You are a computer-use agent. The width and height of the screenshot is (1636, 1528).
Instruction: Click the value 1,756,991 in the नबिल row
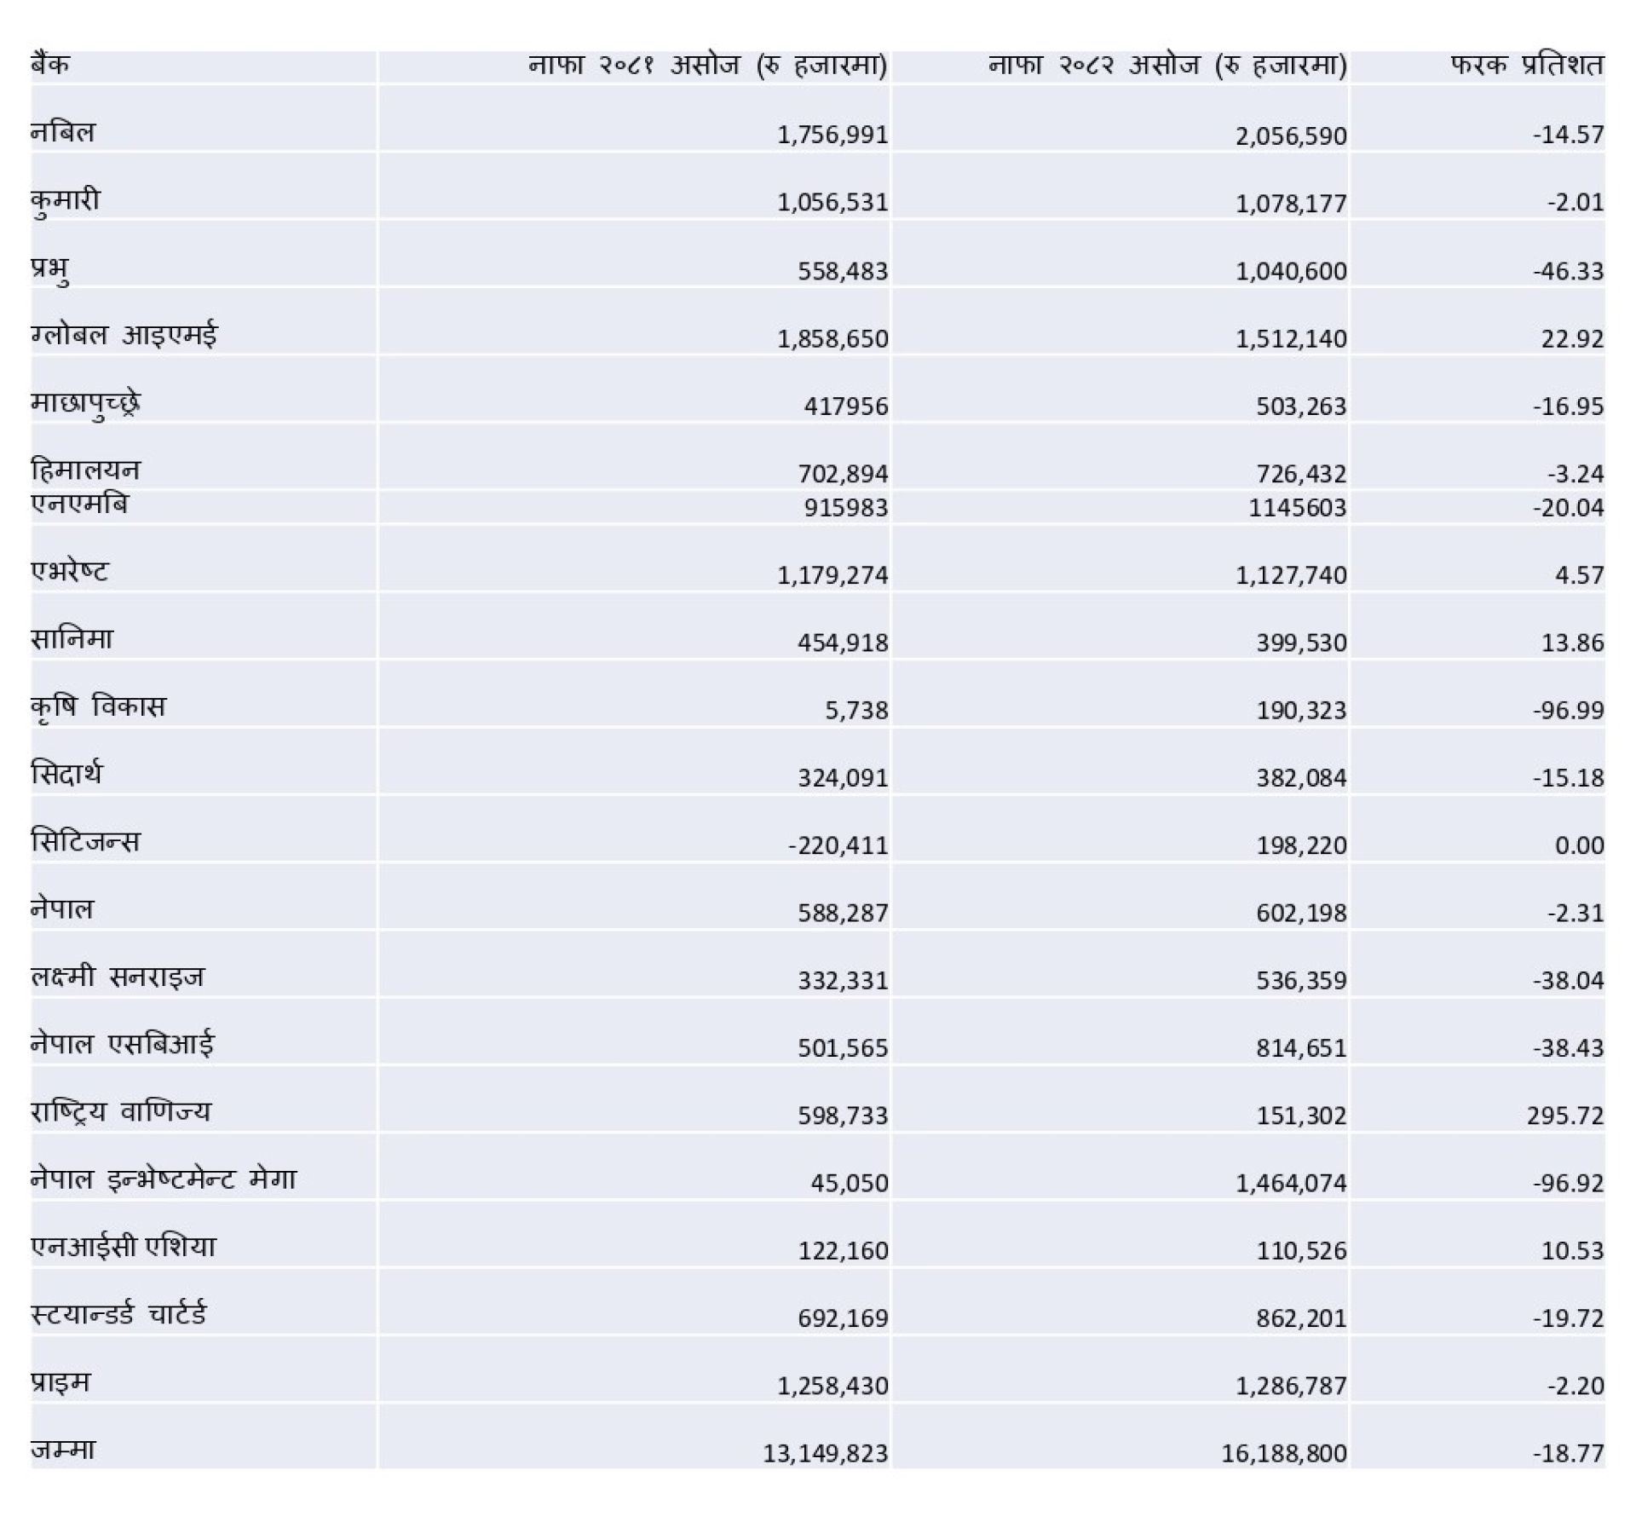coord(832,135)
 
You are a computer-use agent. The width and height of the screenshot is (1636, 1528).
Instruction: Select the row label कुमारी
coord(66,201)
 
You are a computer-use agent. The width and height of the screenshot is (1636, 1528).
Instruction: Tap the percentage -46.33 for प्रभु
coord(1568,271)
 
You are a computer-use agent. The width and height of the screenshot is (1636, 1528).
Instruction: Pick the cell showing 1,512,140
coord(1291,338)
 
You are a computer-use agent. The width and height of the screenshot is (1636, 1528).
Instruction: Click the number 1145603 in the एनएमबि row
coord(1297,508)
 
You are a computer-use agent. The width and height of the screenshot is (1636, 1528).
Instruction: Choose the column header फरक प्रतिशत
coord(1527,65)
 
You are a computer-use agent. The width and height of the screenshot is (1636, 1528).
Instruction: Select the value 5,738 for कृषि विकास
coord(856,710)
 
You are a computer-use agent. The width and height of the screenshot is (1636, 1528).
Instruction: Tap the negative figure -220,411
coord(838,845)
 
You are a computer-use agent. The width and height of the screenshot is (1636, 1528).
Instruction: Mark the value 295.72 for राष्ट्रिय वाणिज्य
coord(1564,1116)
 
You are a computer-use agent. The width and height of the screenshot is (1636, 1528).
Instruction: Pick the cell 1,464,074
coord(1291,1183)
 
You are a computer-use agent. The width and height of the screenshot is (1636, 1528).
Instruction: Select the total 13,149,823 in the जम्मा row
coord(825,1453)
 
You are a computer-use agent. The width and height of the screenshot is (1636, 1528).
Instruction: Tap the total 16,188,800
coord(1283,1453)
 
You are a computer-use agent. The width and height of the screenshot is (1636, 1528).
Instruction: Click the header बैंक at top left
coord(49,65)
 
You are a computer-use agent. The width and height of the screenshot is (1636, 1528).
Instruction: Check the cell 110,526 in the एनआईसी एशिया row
coord(1301,1250)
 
